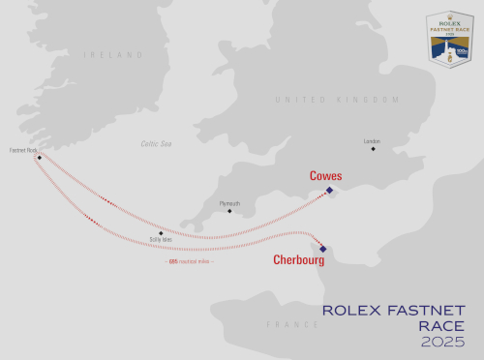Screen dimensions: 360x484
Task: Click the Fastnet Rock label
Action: pos(23,150)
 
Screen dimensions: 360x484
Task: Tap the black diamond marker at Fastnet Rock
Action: pos(39,157)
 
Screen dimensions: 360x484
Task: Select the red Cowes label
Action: pos(326,176)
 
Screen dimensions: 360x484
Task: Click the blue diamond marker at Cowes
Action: pos(329,190)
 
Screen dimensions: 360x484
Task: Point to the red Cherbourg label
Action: pos(298,259)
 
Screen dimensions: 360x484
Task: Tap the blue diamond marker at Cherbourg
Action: pos(323,249)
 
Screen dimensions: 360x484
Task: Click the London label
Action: pos(372,141)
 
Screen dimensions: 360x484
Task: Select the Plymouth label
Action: pos(229,203)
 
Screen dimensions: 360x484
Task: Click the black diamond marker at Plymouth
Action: pos(229,211)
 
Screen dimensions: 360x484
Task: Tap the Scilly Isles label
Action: pos(161,239)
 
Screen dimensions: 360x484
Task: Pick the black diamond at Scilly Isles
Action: pos(161,232)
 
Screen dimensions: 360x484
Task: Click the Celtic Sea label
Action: pos(156,143)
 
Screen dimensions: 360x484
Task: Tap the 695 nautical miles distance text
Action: pos(191,261)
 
